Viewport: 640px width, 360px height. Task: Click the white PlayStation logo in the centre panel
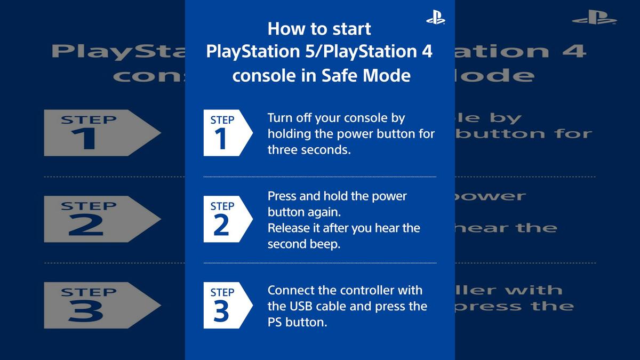point(435,18)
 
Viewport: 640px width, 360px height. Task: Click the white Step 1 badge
point(225,133)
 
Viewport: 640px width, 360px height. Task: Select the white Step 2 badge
point(225,219)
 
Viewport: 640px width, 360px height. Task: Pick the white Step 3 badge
point(225,306)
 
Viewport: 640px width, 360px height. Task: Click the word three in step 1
point(283,150)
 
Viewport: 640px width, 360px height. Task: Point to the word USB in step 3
point(303,306)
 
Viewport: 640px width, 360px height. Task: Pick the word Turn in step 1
point(279,118)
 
